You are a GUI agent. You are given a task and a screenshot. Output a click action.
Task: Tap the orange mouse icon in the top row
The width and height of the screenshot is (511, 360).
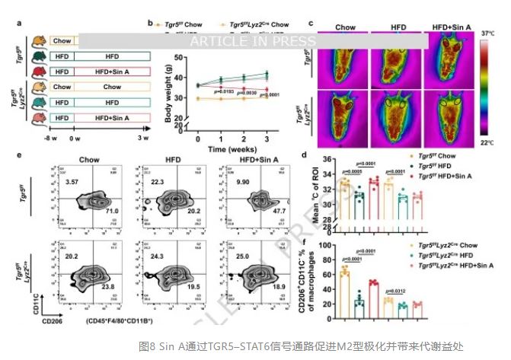(39, 43)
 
